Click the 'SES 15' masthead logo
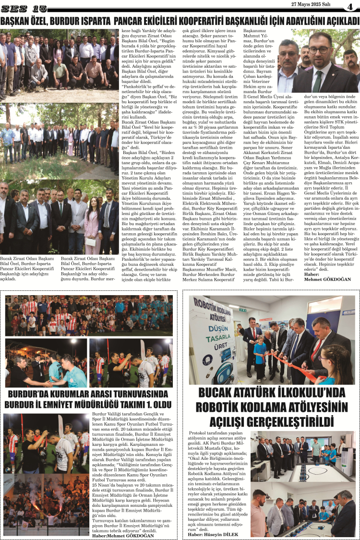click(x=24, y=9)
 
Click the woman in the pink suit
click(x=93, y=226)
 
